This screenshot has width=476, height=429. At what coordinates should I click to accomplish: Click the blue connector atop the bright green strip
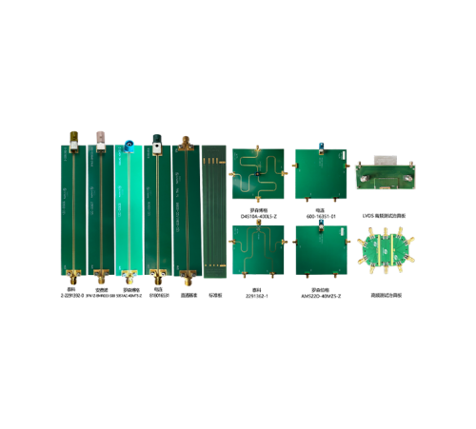tap(129, 146)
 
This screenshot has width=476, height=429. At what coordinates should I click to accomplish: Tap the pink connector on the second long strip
tap(100, 138)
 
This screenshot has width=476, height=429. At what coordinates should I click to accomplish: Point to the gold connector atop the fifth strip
tap(186, 143)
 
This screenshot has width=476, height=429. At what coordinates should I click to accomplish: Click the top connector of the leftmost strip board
tap(72, 137)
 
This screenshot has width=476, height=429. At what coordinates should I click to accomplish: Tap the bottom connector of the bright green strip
tap(129, 279)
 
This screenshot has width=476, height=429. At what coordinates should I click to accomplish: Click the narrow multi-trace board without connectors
tap(214, 211)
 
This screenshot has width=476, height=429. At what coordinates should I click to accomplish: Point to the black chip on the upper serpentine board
tap(258, 174)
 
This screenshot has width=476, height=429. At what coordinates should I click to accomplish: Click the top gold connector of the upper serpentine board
tap(258, 147)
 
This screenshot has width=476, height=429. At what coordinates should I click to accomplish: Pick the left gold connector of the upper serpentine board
tap(230, 175)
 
